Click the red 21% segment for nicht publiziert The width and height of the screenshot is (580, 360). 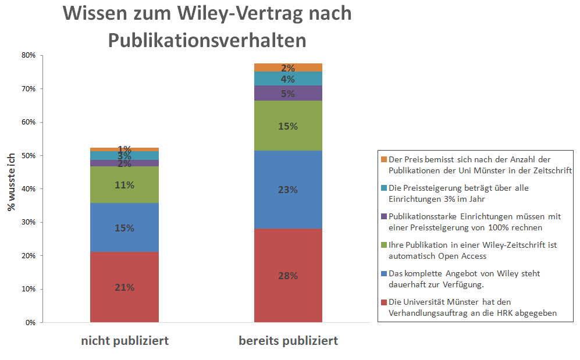tap(124, 287)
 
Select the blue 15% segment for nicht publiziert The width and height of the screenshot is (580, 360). tap(124, 227)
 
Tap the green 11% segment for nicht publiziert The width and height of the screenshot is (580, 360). tap(124, 185)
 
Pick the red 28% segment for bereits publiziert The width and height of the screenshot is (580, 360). tap(288, 276)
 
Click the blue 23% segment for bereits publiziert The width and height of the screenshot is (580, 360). tap(288, 190)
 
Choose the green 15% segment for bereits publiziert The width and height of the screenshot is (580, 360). tap(288, 126)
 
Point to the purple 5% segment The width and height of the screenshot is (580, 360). tap(288, 93)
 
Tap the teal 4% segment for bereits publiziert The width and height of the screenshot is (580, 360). tap(288, 79)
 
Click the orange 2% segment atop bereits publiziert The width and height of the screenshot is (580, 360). tap(288, 67)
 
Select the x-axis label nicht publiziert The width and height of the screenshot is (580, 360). tap(124, 341)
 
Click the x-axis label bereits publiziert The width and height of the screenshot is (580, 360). tap(288, 341)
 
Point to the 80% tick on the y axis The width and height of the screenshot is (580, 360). tap(29, 56)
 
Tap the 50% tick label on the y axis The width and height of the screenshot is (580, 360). tap(29, 156)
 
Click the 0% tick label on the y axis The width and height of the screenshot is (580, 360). tap(31, 322)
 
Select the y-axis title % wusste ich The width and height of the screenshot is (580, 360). tap(11, 181)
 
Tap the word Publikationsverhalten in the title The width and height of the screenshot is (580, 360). tap(207, 40)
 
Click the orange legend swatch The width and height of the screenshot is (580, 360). tap(383, 159)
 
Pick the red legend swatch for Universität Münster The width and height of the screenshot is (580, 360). tap(383, 302)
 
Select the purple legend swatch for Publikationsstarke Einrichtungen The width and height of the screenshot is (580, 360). tap(383, 216)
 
